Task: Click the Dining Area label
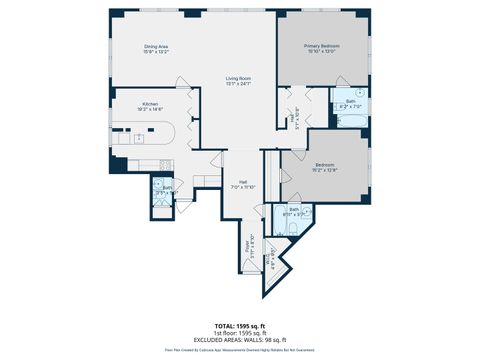(x=154, y=46)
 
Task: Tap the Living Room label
(x=238, y=77)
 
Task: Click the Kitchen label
(x=149, y=103)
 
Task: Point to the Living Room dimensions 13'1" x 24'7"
(x=238, y=83)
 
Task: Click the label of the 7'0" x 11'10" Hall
(x=243, y=184)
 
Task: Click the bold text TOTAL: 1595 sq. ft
(x=239, y=327)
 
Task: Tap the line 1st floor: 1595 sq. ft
(x=239, y=334)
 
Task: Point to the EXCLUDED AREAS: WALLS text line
(x=239, y=341)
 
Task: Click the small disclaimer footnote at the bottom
(x=239, y=351)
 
